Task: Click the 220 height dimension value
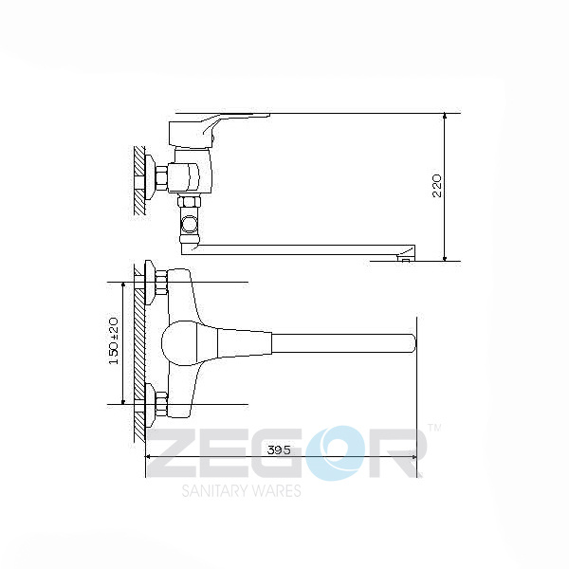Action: point(437,185)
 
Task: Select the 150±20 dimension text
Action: point(114,341)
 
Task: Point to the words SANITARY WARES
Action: point(241,490)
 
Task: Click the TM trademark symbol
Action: point(435,429)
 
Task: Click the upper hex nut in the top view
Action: point(160,281)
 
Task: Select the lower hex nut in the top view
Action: point(160,405)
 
